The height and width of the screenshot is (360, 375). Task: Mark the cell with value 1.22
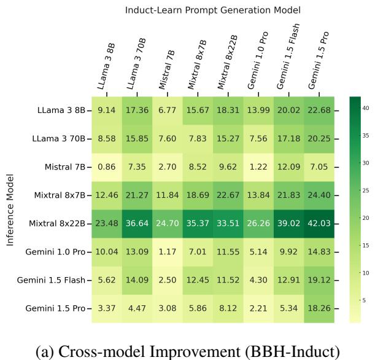(260, 167)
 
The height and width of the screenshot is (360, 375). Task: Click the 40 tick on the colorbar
(365, 108)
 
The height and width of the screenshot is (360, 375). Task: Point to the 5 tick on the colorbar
(363, 300)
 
